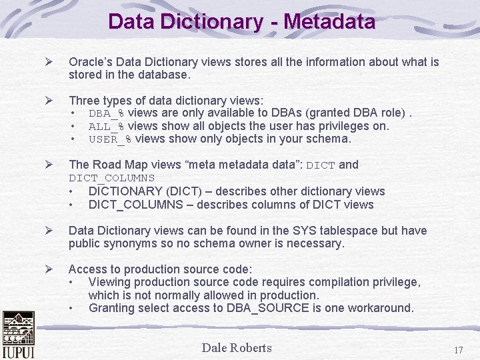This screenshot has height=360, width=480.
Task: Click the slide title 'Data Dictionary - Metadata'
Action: pyautogui.click(x=241, y=21)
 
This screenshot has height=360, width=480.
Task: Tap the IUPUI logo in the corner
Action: pyautogui.click(x=18, y=335)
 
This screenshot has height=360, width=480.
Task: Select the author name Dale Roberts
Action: pyautogui.click(x=237, y=347)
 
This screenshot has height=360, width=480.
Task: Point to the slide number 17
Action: pyautogui.click(x=458, y=350)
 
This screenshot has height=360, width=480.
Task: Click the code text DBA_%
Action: pyautogui.click(x=107, y=113)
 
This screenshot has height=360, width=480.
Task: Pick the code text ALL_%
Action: pyautogui.click(x=107, y=126)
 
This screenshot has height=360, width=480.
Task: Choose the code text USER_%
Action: pyautogui.click(x=110, y=139)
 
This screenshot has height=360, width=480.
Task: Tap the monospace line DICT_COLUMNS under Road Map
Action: pyautogui.click(x=111, y=178)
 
